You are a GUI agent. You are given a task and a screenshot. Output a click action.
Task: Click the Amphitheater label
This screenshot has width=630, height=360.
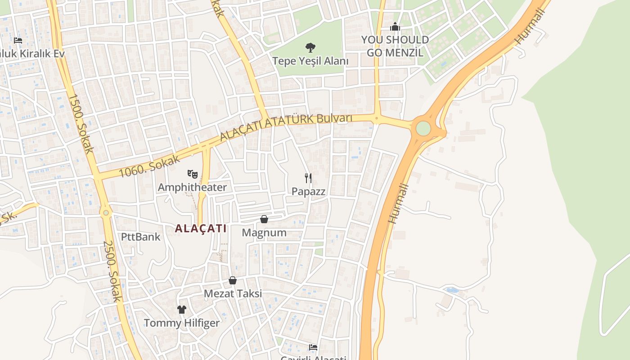[192, 187]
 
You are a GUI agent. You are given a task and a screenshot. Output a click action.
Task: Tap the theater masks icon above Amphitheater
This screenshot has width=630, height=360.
[192, 173]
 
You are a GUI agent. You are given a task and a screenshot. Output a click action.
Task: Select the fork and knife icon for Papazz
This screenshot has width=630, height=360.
[308, 178]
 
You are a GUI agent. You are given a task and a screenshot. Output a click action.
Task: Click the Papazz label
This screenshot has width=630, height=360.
[308, 191]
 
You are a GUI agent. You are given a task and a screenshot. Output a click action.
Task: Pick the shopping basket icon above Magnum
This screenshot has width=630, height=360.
[264, 219]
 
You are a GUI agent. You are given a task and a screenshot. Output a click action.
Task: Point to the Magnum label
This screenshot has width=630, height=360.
[264, 233]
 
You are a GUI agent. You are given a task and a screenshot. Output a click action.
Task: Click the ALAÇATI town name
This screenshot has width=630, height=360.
[201, 229]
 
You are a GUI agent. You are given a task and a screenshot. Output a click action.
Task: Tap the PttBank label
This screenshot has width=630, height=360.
[140, 237]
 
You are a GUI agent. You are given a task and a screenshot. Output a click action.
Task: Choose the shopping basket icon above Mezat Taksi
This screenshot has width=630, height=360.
[233, 280]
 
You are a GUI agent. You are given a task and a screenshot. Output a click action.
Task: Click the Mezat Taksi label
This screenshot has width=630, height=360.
[233, 294]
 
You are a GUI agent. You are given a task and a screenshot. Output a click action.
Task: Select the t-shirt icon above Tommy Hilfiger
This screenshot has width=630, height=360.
[181, 309]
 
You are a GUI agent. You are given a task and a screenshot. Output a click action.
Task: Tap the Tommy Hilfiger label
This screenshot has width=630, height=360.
[181, 323]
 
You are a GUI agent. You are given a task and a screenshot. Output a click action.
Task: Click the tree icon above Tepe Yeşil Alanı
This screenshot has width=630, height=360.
[310, 47]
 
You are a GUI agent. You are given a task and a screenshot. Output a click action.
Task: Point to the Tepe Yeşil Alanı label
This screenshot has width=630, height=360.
[310, 61]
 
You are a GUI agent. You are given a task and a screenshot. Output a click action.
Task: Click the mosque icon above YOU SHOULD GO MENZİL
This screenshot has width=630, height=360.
[395, 27]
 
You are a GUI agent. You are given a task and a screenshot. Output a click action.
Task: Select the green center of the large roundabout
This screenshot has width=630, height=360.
[423, 128]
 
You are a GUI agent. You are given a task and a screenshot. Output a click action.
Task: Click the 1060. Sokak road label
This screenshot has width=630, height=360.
[149, 166]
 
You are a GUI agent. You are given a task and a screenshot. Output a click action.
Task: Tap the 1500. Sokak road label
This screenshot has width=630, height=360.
[81, 123]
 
